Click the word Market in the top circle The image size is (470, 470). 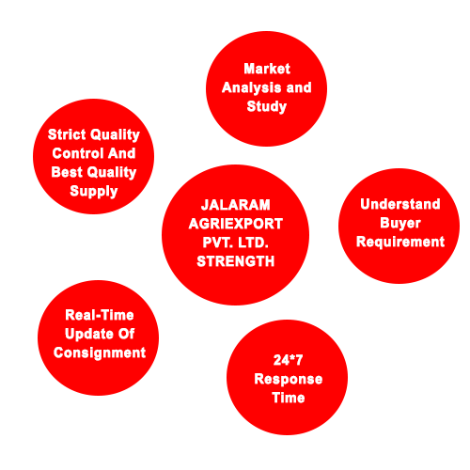pyautogui.click(x=267, y=69)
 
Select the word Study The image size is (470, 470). pyautogui.click(x=267, y=107)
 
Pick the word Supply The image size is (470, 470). pyautogui.click(x=94, y=191)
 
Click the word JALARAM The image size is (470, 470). pyautogui.click(x=235, y=205)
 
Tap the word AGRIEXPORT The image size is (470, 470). pyautogui.click(x=236, y=224)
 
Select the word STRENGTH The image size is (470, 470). pyautogui.click(x=236, y=261)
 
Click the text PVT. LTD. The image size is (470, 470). pyautogui.click(x=235, y=243)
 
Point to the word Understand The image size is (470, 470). pyautogui.click(x=400, y=204)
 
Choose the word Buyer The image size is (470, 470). pyautogui.click(x=400, y=224)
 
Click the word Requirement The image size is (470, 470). pyautogui.click(x=400, y=243)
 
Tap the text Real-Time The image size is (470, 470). pyautogui.click(x=100, y=315)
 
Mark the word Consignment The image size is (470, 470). pyautogui.click(x=100, y=353)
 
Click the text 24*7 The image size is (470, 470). pyautogui.click(x=288, y=360)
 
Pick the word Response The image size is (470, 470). pyautogui.click(x=289, y=380)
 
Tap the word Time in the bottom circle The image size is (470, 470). pyautogui.click(x=289, y=398)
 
